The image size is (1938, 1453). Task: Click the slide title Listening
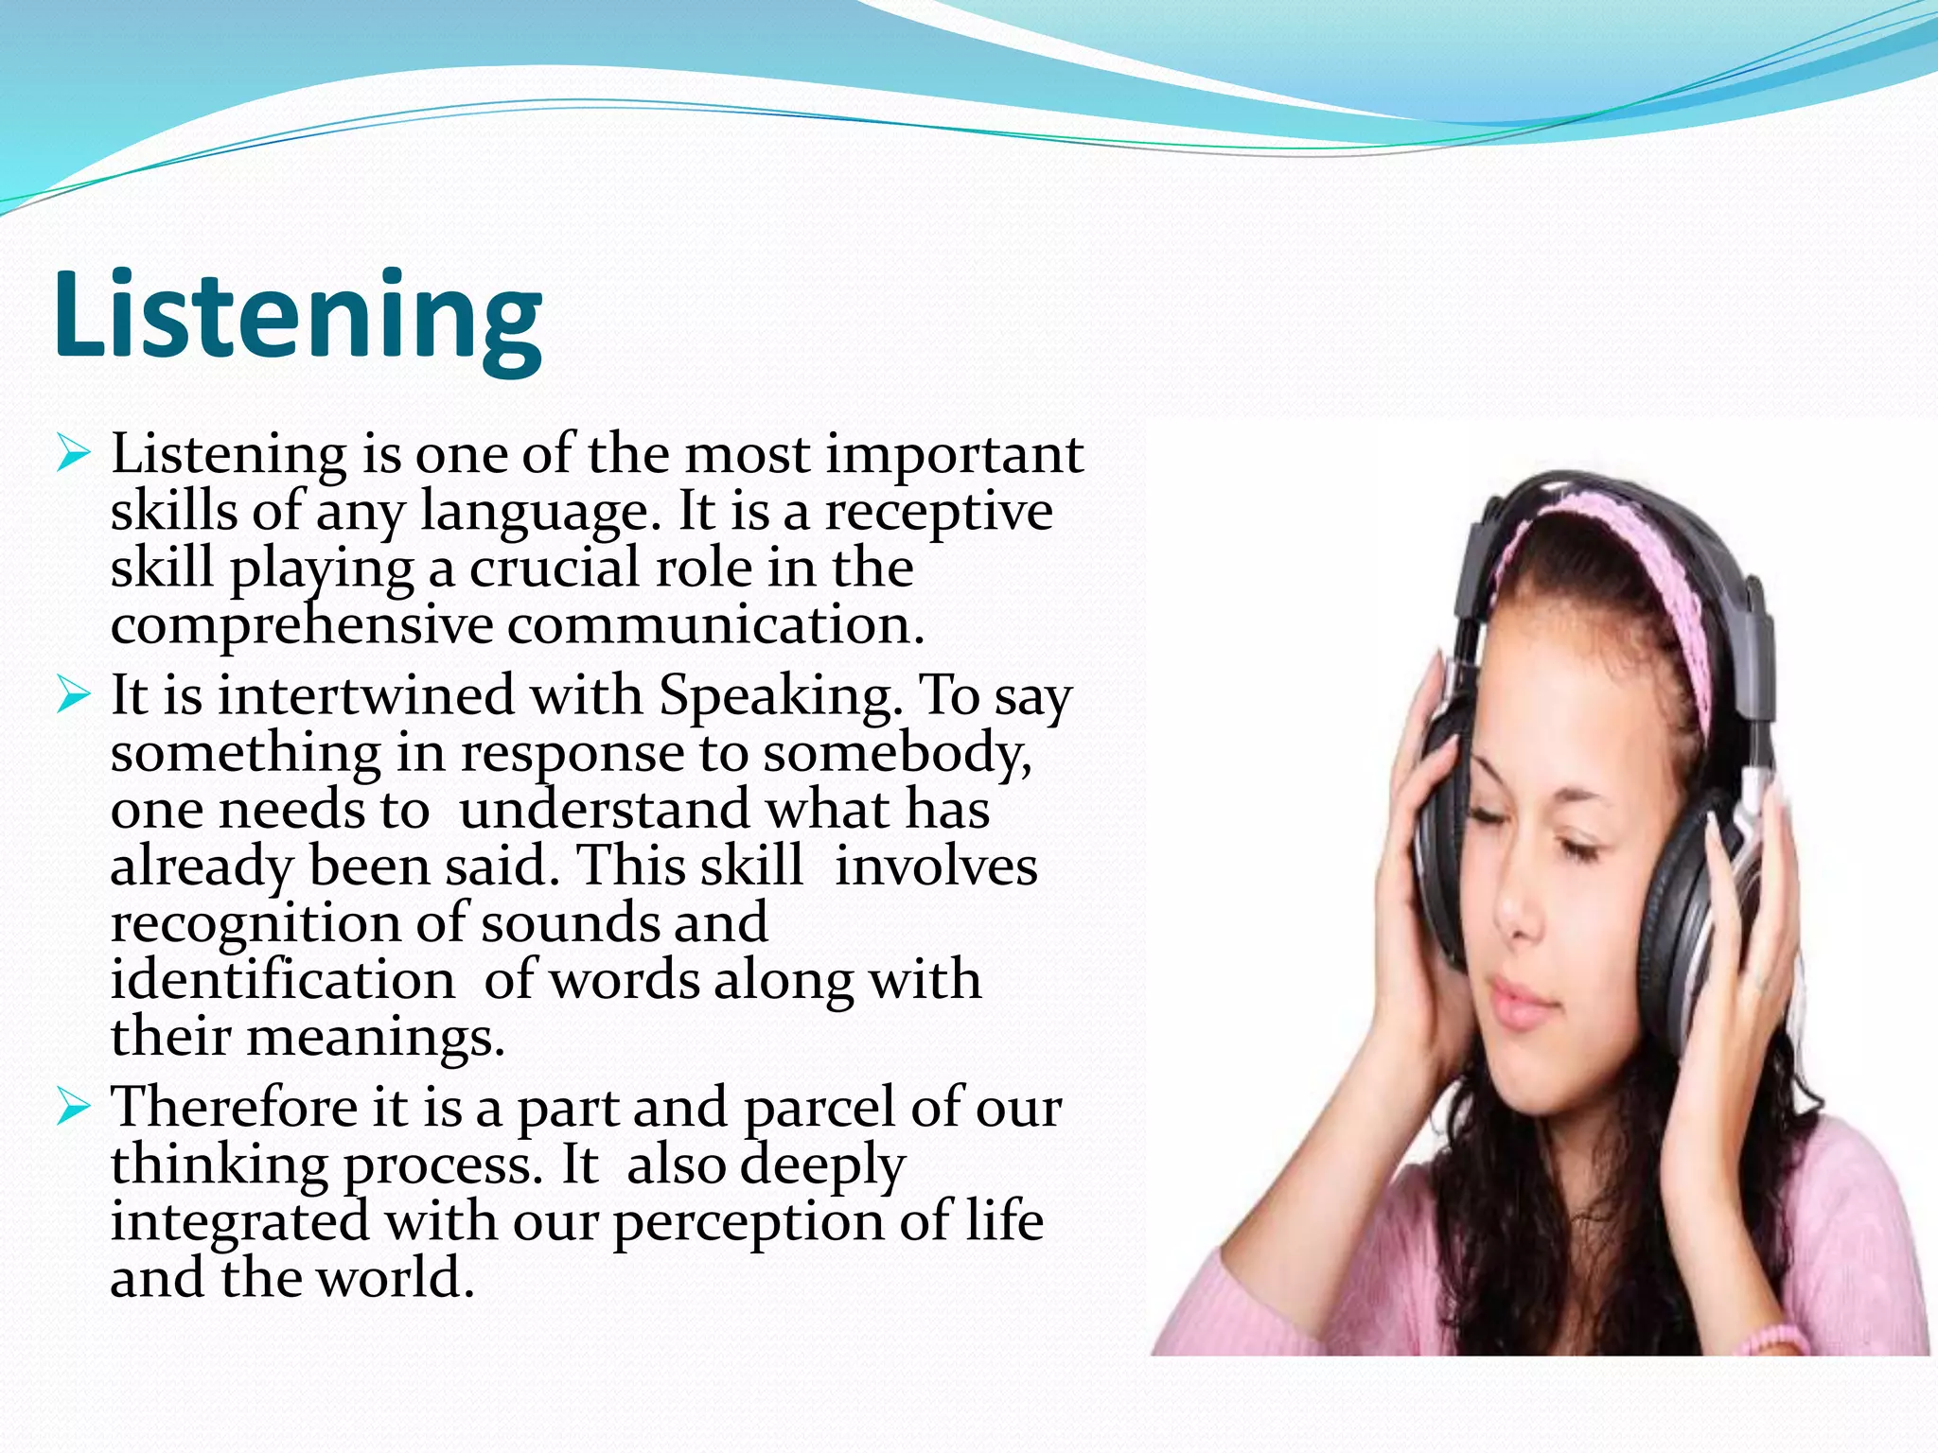(298, 315)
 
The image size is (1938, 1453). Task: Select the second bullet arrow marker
(73, 695)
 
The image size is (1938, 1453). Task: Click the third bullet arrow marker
(73, 1106)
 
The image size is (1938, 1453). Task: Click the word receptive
(938, 514)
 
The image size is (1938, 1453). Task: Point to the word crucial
(553, 569)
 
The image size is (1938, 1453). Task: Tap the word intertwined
(365, 696)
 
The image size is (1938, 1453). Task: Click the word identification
(282, 980)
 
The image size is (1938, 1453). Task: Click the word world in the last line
(394, 1279)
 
